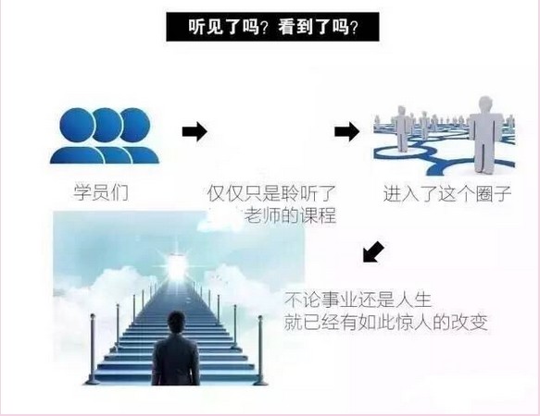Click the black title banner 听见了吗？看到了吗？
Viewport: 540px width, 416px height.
[272, 27]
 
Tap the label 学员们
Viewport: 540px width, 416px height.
[101, 192]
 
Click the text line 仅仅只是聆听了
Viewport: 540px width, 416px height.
[271, 193]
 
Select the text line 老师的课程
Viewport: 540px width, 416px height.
[290, 215]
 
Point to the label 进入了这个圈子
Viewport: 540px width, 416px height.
[447, 193]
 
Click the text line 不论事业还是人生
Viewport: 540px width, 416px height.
[358, 300]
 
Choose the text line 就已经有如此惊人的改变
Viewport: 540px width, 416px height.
[385, 323]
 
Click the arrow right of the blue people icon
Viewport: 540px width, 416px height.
[195, 131]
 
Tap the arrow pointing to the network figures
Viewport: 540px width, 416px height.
[346, 131]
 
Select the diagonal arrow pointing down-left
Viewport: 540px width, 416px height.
[373, 251]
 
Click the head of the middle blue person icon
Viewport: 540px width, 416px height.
[107, 125]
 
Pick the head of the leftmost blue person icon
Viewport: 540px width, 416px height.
[77, 125]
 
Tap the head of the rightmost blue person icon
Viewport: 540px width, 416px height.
[135, 125]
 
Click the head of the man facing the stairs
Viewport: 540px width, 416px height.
[177, 323]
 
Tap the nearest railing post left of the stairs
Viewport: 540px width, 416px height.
[93, 349]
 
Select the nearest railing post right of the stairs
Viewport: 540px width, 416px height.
[260, 350]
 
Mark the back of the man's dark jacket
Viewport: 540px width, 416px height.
[176, 361]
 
